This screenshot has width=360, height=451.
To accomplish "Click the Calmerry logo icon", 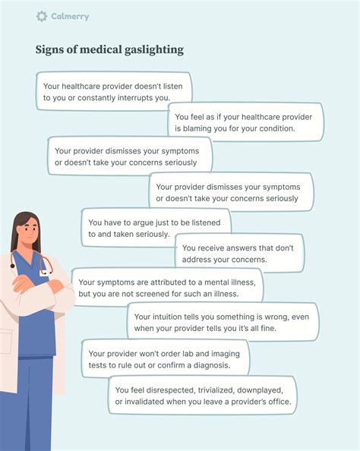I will (x=41, y=16).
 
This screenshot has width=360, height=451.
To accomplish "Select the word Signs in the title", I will (x=49, y=50).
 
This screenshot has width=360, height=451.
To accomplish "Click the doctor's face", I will (x=26, y=232).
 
